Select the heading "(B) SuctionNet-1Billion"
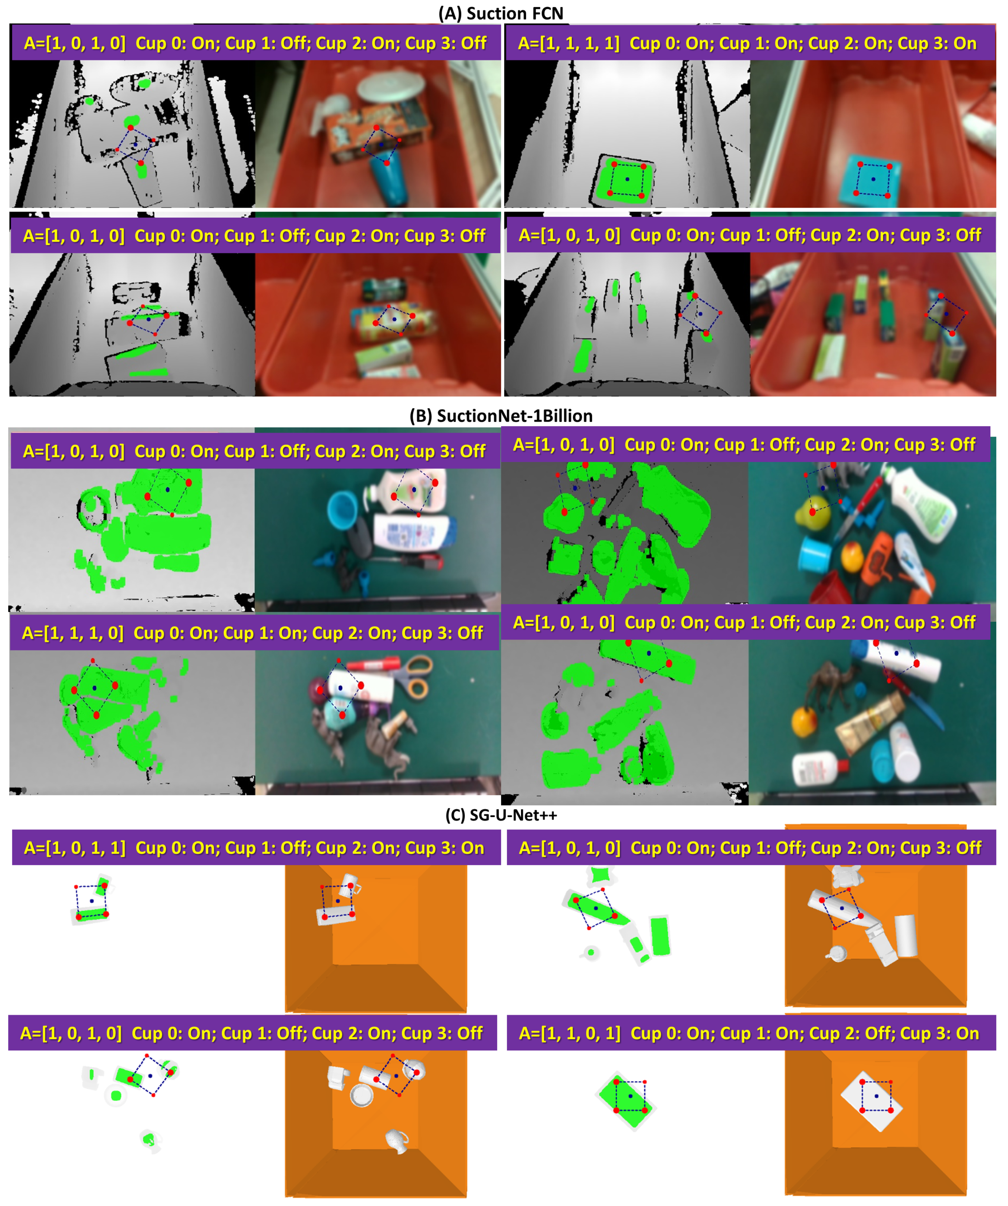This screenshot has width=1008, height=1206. [501, 416]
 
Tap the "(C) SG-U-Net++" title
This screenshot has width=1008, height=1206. [501, 815]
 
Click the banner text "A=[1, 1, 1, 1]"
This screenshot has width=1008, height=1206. [568, 43]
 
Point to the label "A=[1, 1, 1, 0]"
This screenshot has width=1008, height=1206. [72, 633]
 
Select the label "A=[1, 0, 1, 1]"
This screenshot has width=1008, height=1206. [74, 848]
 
